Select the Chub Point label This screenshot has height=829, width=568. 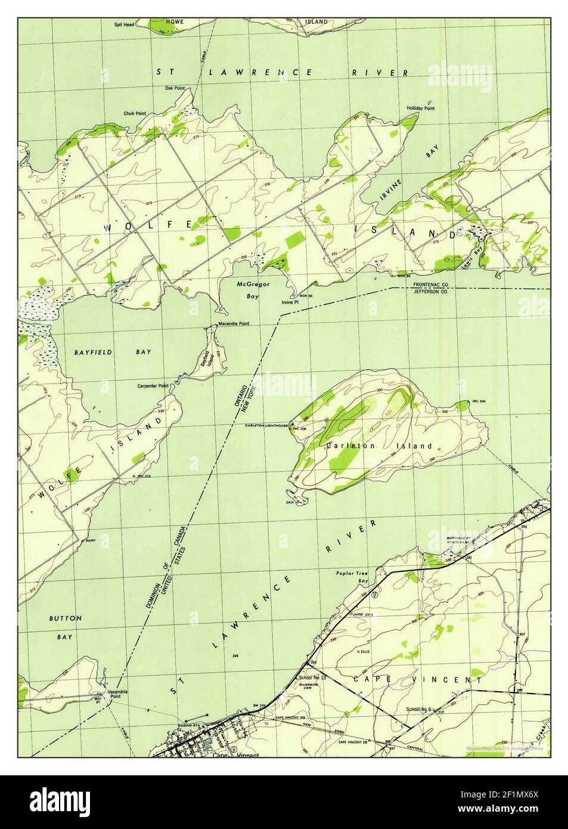pyautogui.click(x=135, y=113)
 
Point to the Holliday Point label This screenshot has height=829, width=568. pyautogui.click(x=421, y=108)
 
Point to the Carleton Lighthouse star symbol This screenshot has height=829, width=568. pyautogui.click(x=291, y=425)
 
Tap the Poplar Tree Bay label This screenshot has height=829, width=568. pyautogui.click(x=352, y=577)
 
